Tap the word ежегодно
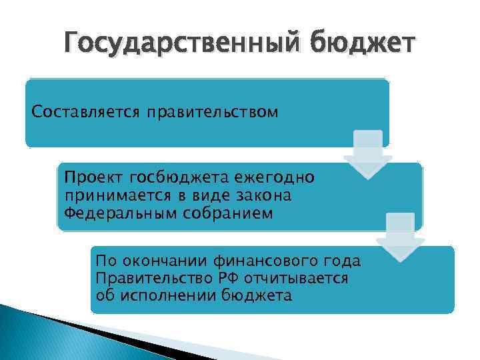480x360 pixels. pyautogui.click(x=276, y=178)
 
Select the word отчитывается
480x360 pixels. pyautogui.click(x=291, y=278)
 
